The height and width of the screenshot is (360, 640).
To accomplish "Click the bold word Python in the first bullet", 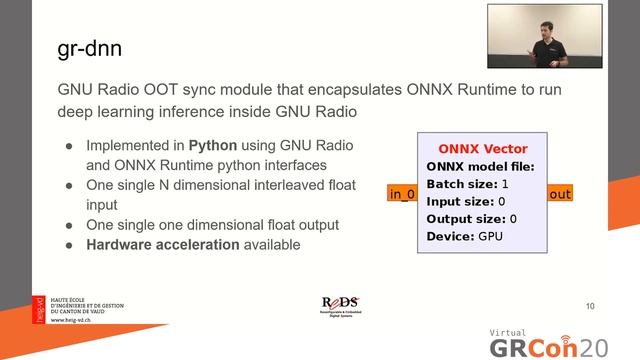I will click(213, 145).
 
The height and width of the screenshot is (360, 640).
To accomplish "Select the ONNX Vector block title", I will click(482, 149).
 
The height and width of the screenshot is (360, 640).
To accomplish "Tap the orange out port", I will click(560, 194).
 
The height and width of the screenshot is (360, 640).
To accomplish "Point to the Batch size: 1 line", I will click(467, 184).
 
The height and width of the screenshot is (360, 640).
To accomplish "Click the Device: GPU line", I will click(464, 236).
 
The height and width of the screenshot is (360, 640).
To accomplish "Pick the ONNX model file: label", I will click(480, 167).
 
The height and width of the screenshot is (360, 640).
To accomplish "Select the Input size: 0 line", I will click(465, 201).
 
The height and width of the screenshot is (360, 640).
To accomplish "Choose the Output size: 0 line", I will click(471, 219).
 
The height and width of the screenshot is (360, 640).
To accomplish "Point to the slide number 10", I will click(589, 305).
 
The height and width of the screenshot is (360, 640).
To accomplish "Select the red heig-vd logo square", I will click(39, 308).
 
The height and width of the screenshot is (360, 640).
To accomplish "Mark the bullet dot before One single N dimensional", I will click(69, 185).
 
